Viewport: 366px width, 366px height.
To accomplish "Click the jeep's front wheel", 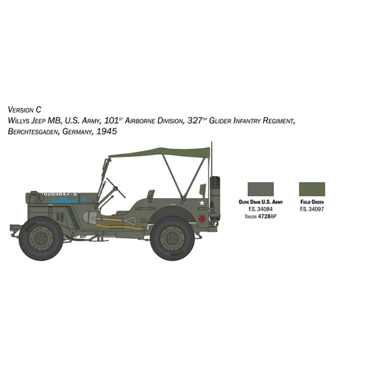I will [41, 238].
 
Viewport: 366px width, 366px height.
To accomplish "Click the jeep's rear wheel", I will [172, 238].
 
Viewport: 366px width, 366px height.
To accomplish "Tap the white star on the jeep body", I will [202, 203].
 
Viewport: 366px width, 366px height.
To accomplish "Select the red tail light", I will [203, 218].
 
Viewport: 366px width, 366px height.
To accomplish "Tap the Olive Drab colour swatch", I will [260, 189].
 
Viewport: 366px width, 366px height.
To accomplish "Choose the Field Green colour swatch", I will [312, 189].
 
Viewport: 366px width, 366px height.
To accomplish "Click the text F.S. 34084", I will [260, 209].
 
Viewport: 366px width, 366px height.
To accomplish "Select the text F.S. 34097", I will [312, 209].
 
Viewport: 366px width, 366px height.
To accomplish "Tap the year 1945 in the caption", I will [106, 131].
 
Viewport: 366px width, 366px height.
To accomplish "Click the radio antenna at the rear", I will [212, 158].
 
